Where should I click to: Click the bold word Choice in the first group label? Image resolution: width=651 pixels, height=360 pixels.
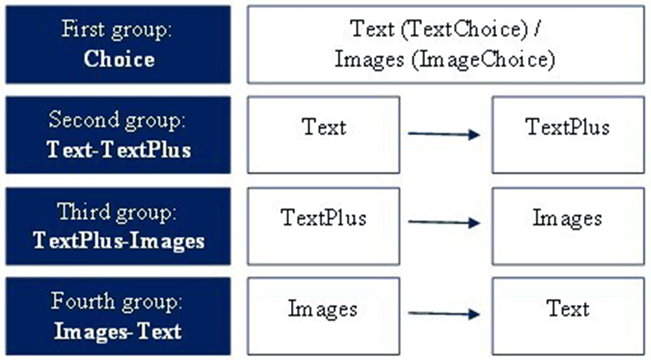point(119,59)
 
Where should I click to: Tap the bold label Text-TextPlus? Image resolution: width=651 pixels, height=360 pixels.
point(118,150)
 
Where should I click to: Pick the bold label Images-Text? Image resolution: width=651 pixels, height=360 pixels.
point(118,331)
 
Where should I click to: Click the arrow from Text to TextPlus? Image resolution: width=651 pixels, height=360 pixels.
point(444,134)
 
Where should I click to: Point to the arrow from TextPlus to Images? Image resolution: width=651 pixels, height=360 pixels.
point(444,223)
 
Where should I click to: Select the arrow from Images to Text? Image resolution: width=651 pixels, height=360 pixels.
point(444,314)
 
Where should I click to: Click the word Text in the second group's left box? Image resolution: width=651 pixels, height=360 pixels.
point(324,127)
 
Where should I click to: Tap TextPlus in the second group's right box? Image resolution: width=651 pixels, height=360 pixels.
point(568,127)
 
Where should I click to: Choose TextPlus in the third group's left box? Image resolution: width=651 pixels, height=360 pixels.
point(324,217)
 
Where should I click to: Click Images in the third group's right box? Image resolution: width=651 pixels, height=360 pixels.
point(568,219)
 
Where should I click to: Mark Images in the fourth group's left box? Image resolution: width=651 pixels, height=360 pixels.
point(323,309)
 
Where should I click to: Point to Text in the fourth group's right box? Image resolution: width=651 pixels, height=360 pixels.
point(568,309)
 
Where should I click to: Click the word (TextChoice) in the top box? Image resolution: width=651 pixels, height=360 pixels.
point(464,29)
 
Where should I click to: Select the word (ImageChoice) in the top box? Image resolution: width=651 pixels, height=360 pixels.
point(483,60)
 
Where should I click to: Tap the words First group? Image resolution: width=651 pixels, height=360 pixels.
point(117,30)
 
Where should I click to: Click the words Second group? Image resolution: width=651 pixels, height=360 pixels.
point(117,120)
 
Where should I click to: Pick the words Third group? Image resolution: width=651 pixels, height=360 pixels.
point(117,212)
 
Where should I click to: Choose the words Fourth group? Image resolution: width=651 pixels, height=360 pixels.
point(117,302)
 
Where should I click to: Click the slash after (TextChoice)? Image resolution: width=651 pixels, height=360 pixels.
point(537,29)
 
